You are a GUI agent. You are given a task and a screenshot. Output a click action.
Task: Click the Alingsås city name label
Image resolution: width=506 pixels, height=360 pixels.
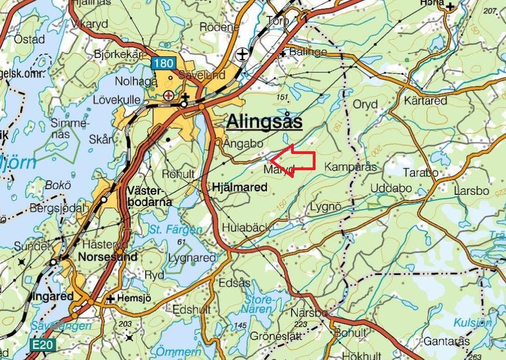tap(264, 123)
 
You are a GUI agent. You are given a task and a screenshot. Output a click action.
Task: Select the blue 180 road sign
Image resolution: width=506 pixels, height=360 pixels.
tap(164, 63)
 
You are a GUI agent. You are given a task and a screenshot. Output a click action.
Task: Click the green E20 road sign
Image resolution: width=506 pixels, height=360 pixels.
tap(42, 345)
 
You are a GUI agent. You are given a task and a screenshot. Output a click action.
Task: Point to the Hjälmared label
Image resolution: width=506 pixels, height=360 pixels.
tap(240, 188)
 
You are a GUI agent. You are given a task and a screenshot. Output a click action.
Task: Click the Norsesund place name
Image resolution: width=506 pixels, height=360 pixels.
tap(107, 257)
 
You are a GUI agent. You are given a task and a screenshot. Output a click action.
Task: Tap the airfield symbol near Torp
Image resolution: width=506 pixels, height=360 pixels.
tap(243, 54)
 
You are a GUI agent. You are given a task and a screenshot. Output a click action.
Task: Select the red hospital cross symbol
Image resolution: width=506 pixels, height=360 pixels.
tap(169, 96)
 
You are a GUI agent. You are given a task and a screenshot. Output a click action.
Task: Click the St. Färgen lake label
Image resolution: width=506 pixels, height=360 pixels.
tap(175, 230)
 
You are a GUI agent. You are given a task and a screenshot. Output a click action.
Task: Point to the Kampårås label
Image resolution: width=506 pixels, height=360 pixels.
tap(350, 167)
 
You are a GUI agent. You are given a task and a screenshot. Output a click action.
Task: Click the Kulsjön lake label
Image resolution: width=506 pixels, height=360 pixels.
tap(473, 323)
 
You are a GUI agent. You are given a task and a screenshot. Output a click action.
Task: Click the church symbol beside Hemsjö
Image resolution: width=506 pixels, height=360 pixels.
tap(110, 299)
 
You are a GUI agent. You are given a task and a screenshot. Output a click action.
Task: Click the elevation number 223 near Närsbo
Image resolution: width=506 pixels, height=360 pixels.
tap(301, 324)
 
